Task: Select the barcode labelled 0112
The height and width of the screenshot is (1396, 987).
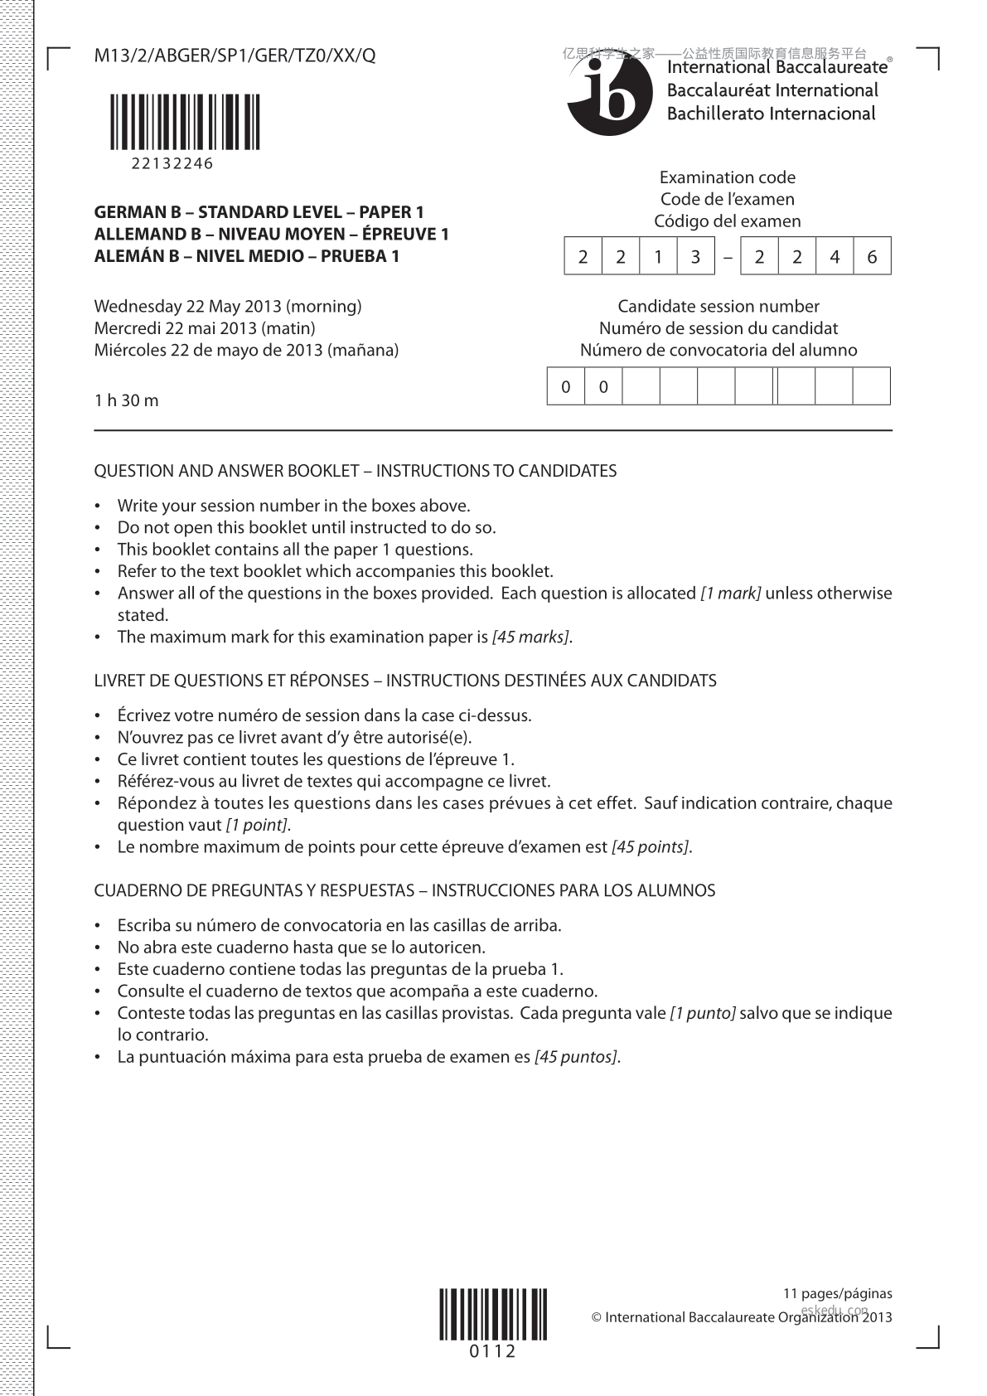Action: [x=493, y=1314]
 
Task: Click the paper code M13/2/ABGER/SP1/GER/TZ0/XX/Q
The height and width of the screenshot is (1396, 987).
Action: [x=235, y=56]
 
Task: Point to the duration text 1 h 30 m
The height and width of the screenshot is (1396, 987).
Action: [x=126, y=400]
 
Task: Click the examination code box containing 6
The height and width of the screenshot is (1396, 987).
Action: [x=872, y=257]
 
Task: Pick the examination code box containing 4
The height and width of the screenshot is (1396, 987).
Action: [x=835, y=257]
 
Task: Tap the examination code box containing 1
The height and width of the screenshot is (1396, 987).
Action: [x=658, y=257]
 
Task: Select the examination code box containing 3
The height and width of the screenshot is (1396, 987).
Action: [x=695, y=257]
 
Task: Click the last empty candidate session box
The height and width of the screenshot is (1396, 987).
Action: [x=871, y=386]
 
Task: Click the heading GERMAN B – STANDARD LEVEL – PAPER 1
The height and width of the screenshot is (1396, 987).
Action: [x=259, y=212]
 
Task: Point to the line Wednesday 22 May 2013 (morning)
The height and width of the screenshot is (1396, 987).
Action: [x=228, y=306]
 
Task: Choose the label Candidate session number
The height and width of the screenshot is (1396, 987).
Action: [x=718, y=306]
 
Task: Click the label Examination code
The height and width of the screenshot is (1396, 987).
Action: [x=727, y=177]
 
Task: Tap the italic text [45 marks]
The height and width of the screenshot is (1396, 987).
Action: [x=530, y=637]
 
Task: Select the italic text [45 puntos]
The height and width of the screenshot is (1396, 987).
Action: [x=577, y=1057]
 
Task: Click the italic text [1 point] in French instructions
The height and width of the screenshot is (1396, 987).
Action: [x=257, y=825]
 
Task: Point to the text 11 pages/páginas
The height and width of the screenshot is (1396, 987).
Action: [x=838, y=1293]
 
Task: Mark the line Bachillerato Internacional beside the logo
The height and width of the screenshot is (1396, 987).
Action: [x=771, y=114]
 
